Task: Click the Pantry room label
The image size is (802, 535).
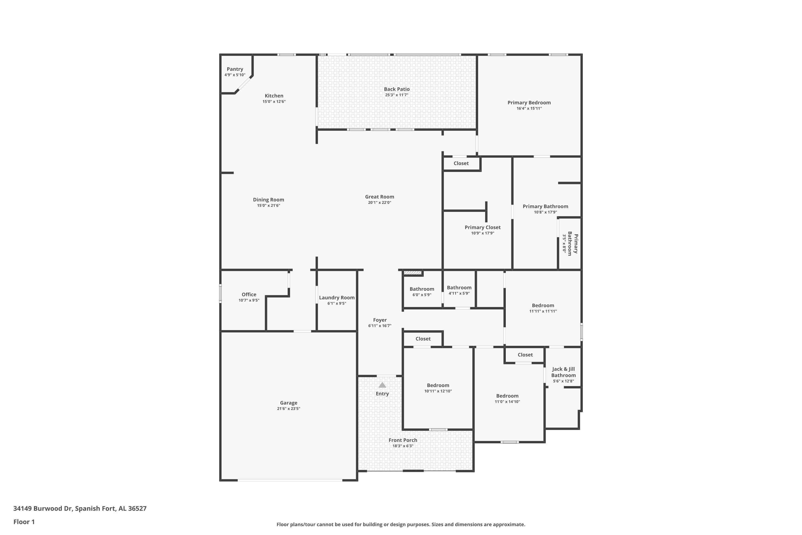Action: [235, 69]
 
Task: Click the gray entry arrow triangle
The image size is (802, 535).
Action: [382, 385]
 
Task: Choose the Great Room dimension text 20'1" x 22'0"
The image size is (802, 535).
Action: [380, 203]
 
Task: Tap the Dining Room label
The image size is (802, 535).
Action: [269, 200]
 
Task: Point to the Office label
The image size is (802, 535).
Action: [249, 295]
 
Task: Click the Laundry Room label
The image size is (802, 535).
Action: [337, 297]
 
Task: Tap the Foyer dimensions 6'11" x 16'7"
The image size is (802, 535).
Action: [380, 326]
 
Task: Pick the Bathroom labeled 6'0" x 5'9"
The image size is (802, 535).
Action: [422, 289]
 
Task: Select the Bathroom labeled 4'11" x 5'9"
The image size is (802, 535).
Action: [459, 288]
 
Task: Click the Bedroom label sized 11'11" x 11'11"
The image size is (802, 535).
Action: [543, 305]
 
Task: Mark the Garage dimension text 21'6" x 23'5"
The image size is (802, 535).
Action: [289, 409]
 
